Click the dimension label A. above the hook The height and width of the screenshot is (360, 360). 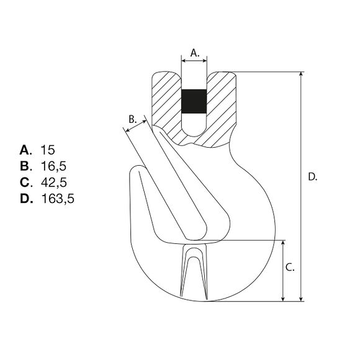pyautogui.click(x=194, y=53)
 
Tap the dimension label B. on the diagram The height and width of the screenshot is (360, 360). pyautogui.click(x=132, y=119)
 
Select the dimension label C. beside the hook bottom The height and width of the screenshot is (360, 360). pyautogui.click(x=290, y=268)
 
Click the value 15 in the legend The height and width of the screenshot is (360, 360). pyautogui.click(x=48, y=150)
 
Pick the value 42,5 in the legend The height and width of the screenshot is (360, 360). pyautogui.click(x=53, y=182)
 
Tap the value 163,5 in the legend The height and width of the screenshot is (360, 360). pyautogui.click(x=56, y=199)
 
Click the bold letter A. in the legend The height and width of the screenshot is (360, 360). pyautogui.click(x=25, y=150)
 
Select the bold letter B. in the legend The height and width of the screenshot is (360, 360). pyautogui.click(x=25, y=166)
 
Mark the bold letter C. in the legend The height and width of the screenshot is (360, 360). pyautogui.click(x=25, y=182)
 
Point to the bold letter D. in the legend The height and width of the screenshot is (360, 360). pyautogui.click(x=25, y=199)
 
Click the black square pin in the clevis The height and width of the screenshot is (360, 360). pyautogui.click(x=194, y=102)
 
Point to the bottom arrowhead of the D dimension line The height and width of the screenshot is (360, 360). pyautogui.click(x=302, y=298)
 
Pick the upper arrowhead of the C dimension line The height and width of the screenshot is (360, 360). pyautogui.click(x=284, y=243)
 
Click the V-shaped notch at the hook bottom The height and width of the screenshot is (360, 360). pyautogui.click(x=193, y=270)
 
